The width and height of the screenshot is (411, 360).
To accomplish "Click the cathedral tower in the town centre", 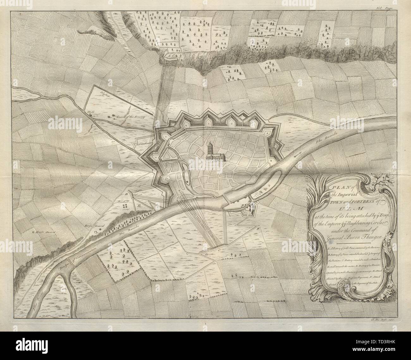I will pos(210,148).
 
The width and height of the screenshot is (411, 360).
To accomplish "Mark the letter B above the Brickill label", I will pos(127,194).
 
